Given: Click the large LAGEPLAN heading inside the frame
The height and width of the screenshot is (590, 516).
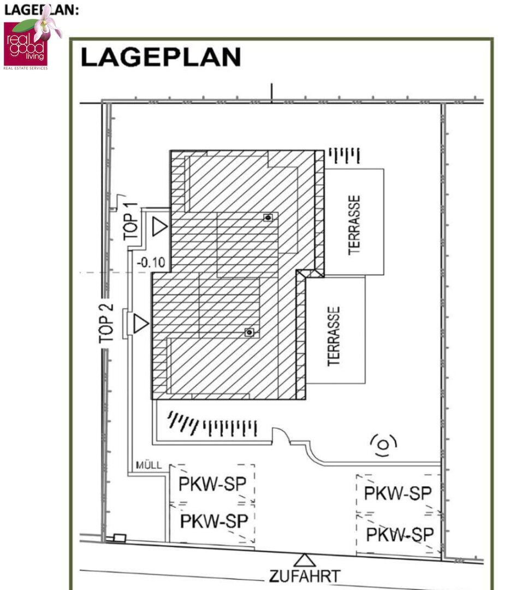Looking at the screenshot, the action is click(x=161, y=57).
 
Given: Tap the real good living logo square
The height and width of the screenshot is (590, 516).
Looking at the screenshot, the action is click(x=26, y=44).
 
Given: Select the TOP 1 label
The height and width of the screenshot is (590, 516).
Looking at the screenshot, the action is click(x=130, y=221).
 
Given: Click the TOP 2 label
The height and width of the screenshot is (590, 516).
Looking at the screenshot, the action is click(x=106, y=323).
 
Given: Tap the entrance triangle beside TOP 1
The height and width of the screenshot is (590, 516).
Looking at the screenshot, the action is click(x=159, y=227).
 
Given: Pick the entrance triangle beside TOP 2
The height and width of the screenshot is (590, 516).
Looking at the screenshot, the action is click(x=141, y=323).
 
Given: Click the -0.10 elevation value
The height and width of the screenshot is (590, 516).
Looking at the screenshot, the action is click(x=151, y=262).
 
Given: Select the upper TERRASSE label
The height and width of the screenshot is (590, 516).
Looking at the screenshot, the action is click(x=354, y=225).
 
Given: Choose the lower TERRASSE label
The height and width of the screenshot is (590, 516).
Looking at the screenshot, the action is click(x=334, y=336).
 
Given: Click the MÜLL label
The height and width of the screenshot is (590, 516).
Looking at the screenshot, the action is click(x=149, y=465).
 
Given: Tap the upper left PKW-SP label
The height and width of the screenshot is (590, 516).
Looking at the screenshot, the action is click(x=212, y=484).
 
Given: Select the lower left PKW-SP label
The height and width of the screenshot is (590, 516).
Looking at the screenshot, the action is click(x=215, y=521).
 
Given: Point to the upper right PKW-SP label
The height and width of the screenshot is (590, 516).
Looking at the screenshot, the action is click(x=398, y=493).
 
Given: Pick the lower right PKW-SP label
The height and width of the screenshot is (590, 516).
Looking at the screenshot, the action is click(x=400, y=535).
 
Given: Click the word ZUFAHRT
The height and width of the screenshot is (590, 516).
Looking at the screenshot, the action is click(x=305, y=576).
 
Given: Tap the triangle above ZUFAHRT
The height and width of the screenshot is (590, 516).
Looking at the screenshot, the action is click(x=304, y=560).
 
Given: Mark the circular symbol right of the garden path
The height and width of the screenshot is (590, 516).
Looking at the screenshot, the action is click(x=383, y=445).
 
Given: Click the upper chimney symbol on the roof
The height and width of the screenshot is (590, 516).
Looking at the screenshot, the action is click(x=268, y=217).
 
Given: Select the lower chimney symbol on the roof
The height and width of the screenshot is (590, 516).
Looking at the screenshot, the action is click(x=250, y=332).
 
